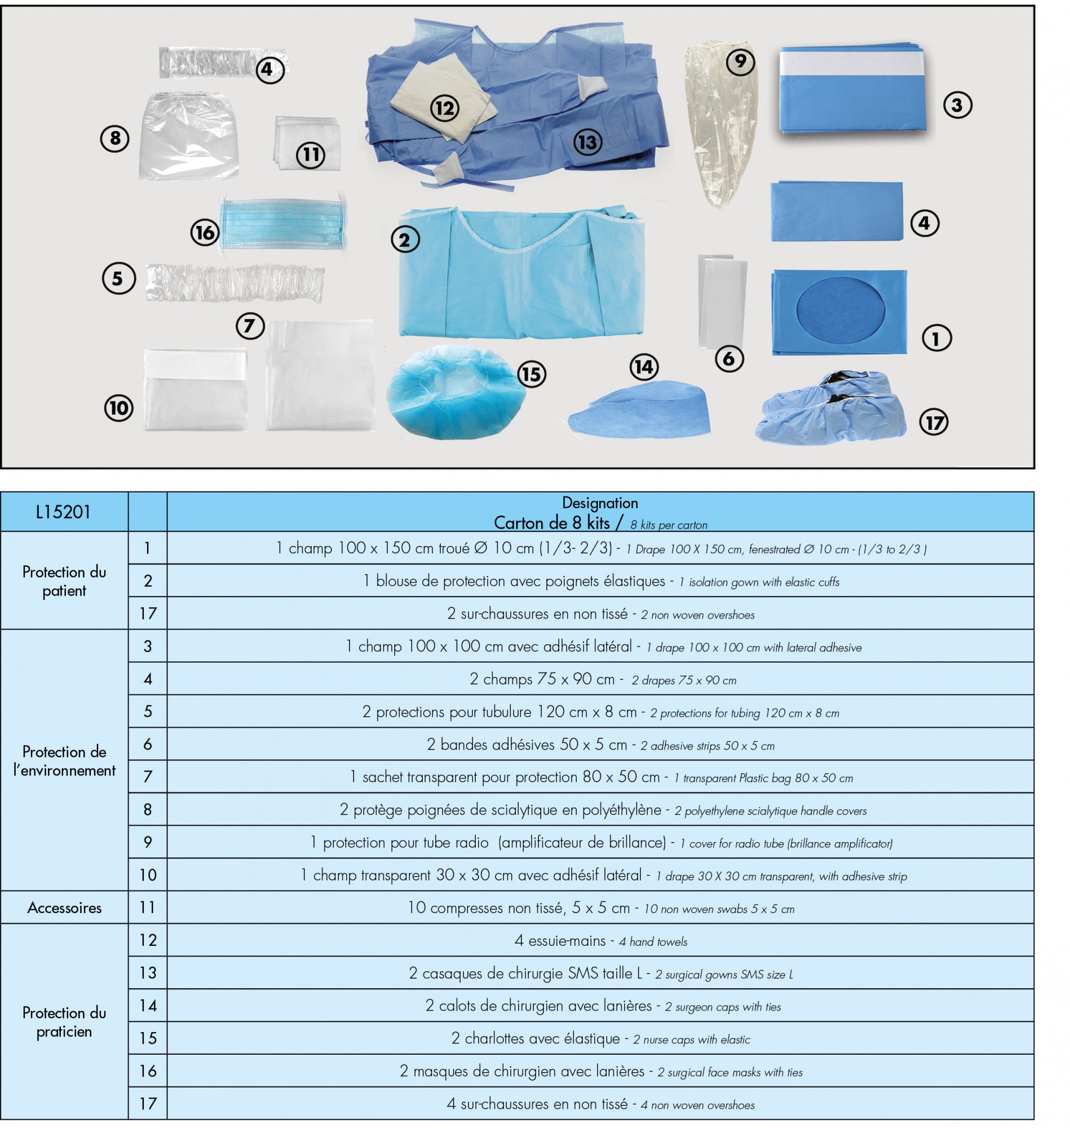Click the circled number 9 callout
point(740,60)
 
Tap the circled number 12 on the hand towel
point(444,108)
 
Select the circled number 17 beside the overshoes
point(933,422)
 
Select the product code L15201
point(63,512)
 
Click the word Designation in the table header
point(599,503)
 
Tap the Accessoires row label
point(64,907)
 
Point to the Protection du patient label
point(64,581)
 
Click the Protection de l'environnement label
point(64,761)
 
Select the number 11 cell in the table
point(148,907)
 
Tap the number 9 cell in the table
point(148,842)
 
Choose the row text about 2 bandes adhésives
point(600,744)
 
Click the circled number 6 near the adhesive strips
point(728,358)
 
